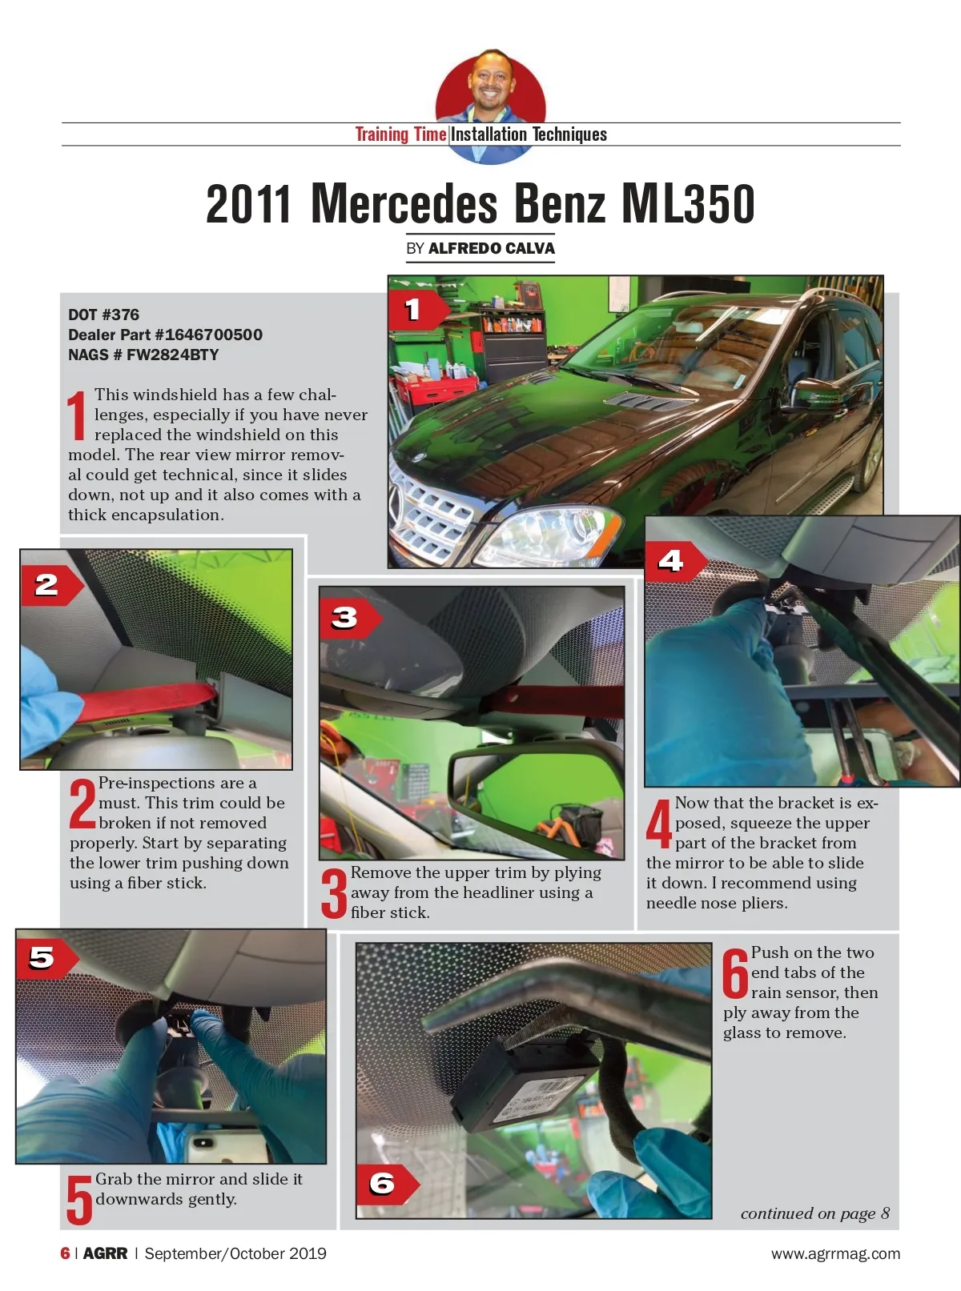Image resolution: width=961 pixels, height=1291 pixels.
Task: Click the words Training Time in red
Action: (400, 134)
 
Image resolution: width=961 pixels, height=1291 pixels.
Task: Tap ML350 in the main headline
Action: (688, 203)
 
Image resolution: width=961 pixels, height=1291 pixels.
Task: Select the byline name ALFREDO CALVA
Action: (492, 249)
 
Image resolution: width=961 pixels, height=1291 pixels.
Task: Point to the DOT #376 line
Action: (103, 315)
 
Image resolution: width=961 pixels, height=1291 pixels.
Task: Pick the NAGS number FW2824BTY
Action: (172, 355)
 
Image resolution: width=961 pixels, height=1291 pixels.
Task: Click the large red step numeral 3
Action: (334, 893)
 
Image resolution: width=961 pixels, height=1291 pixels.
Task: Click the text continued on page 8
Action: (814, 1213)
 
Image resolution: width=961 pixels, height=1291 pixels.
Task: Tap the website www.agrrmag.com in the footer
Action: (835, 1253)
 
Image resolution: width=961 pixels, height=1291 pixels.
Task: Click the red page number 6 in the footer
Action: (65, 1253)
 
